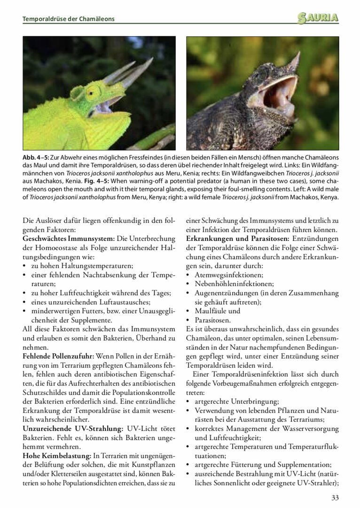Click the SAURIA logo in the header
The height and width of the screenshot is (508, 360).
point(318,18)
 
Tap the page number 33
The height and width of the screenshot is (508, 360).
point(335,498)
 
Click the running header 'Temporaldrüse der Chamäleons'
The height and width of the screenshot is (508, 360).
point(69,19)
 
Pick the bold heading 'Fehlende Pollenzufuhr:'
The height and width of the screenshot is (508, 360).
point(58,356)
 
